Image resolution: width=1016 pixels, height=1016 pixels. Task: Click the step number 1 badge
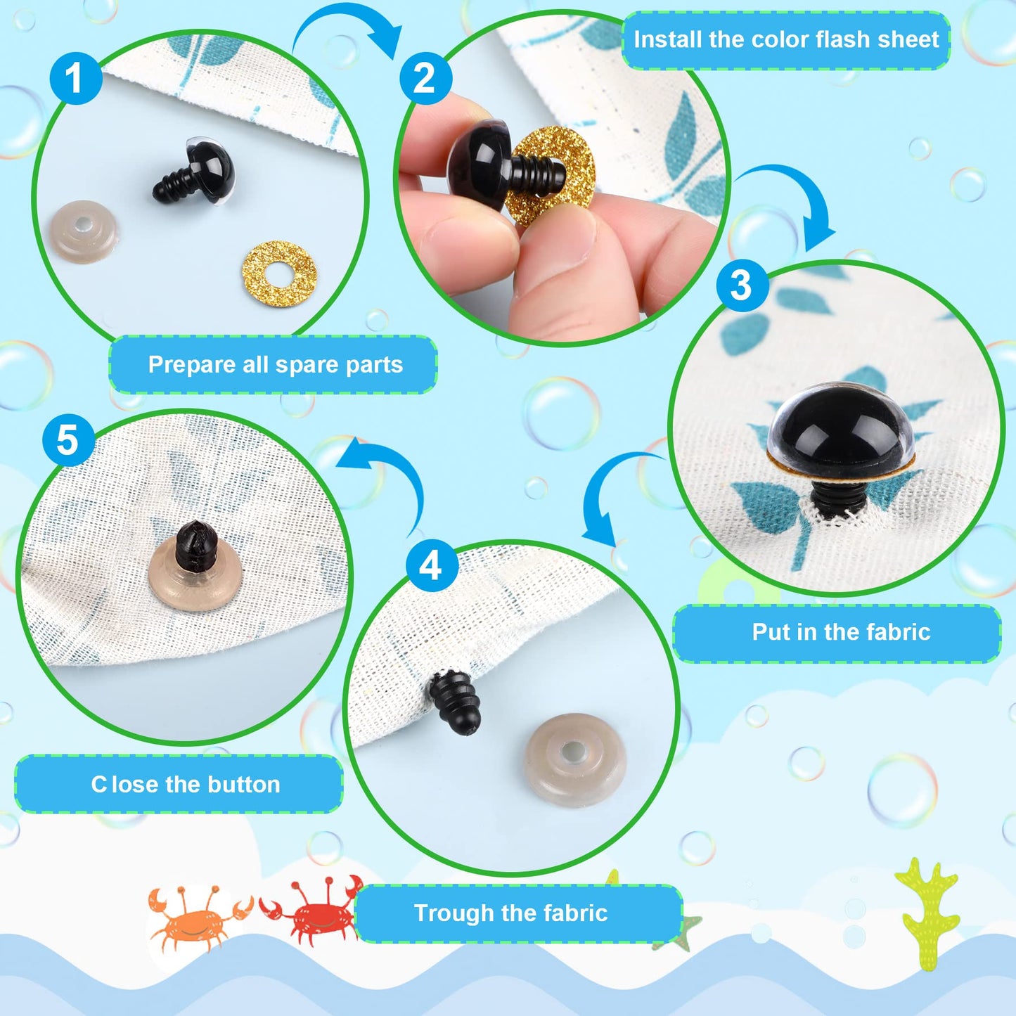click(75, 77)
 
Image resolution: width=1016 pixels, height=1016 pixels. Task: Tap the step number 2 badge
click(425, 77)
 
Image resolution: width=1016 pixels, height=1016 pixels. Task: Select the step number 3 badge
click(742, 285)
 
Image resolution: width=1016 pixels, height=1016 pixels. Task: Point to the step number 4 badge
click(432, 565)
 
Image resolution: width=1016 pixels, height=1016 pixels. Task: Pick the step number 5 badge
click(68, 440)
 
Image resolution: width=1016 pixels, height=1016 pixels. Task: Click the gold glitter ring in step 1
click(279, 274)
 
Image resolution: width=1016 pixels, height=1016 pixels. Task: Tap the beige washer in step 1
click(83, 231)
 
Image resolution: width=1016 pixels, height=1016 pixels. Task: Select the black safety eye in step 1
click(197, 173)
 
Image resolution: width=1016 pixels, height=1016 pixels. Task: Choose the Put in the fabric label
click(840, 632)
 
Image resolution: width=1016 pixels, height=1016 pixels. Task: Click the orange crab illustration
click(197, 918)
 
